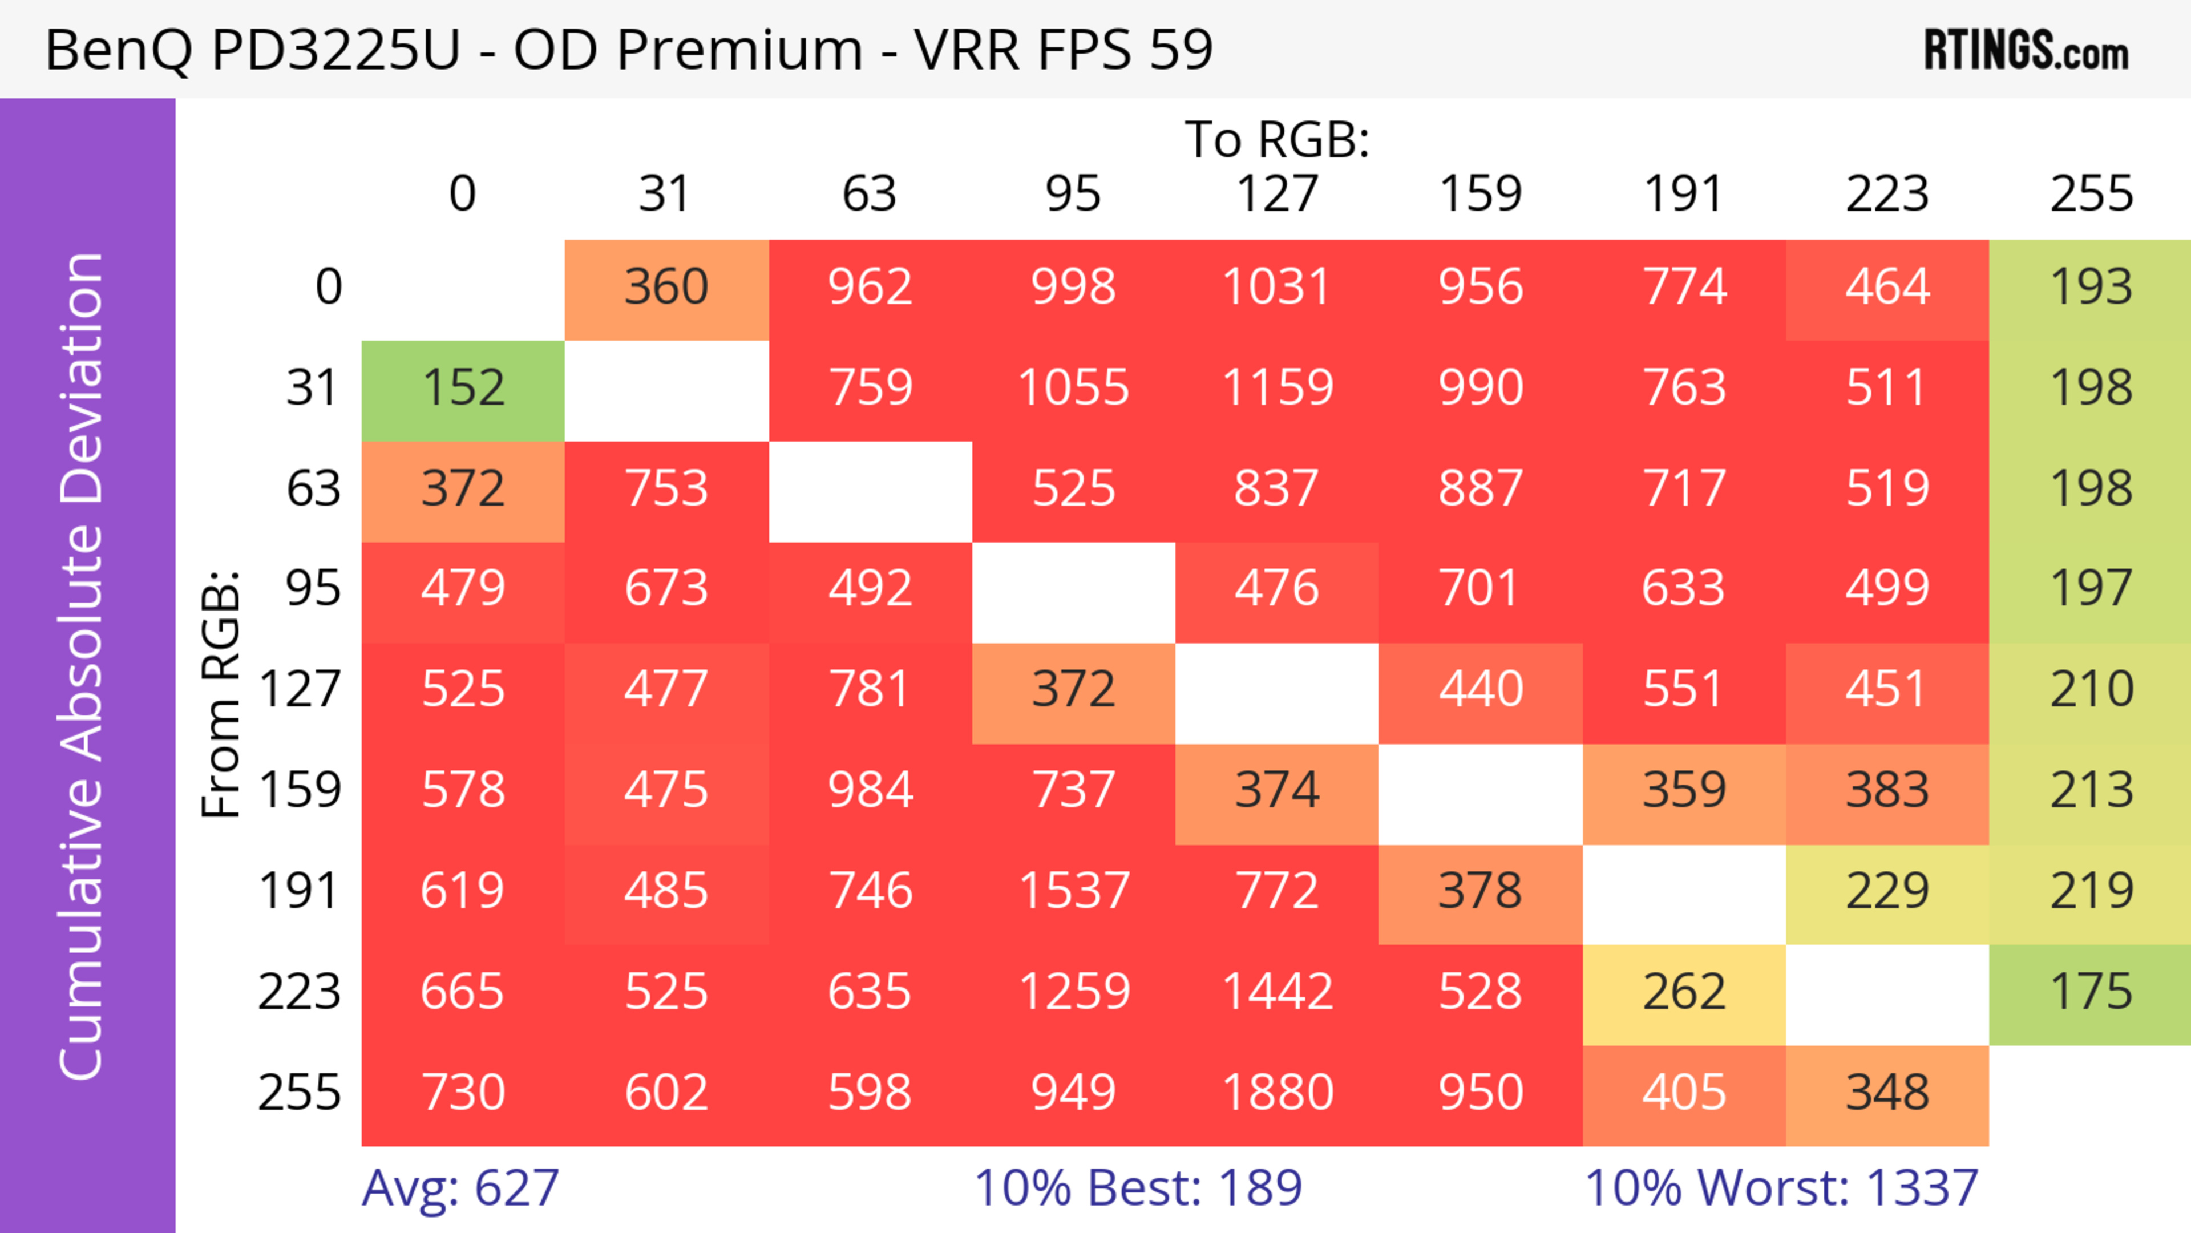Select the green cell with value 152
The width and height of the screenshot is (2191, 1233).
coord(463,389)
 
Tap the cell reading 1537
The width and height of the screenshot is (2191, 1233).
coord(1073,892)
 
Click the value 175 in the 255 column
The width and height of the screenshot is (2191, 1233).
coord(2091,992)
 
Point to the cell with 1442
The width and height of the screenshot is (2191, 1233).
coord(1277,992)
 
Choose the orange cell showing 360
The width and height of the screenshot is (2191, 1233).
coord(667,288)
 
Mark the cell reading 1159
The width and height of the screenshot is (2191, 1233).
coord(1277,389)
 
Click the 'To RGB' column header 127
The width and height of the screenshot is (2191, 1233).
coord(1277,194)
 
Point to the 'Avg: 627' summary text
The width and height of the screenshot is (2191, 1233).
coord(460,1188)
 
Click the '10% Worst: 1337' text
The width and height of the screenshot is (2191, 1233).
coord(1781,1188)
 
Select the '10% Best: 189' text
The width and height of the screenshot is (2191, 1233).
coord(1138,1188)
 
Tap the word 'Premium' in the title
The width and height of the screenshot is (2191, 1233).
coord(739,49)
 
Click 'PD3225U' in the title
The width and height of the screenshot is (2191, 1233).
coord(336,49)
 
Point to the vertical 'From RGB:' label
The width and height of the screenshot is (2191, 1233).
coord(221,694)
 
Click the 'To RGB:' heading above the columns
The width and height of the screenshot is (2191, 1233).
coord(1277,139)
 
